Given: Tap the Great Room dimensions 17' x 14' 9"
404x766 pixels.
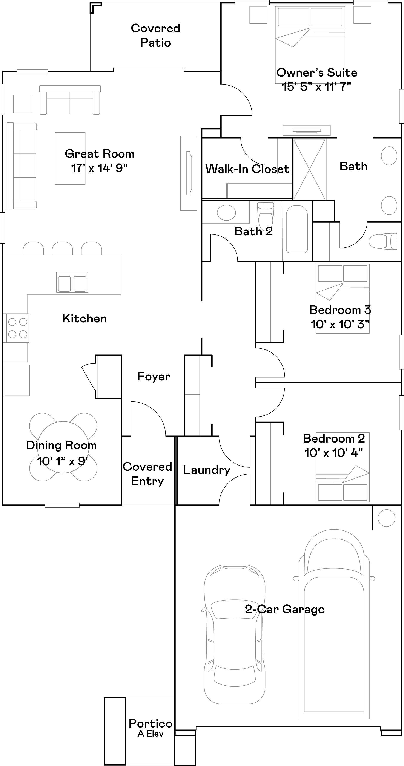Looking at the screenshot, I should click(99, 168).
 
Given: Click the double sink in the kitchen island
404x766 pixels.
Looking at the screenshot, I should click(72, 282).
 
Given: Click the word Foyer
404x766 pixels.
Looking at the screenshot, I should click(154, 377).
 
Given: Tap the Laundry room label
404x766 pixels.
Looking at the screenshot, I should click(206, 470).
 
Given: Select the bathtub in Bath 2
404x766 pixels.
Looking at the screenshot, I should click(297, 229).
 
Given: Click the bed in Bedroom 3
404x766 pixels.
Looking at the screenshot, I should click(343, 298).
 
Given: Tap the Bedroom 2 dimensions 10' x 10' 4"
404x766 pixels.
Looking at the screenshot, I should click(333, 453).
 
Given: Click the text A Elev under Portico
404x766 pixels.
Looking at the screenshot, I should click(150, 734).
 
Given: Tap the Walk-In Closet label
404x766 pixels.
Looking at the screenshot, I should click(247, 169).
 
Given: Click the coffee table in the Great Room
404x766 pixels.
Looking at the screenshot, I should click(70, 158).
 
